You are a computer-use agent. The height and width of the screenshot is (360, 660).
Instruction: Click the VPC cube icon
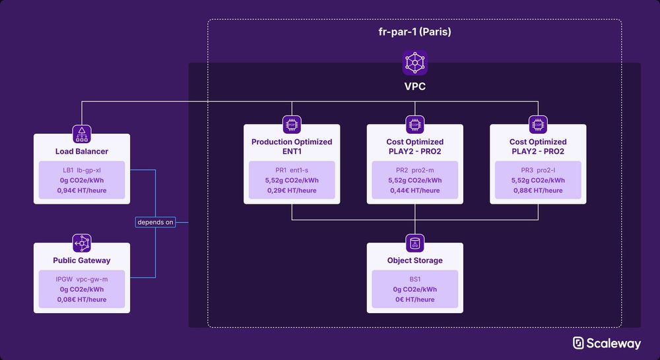click(x=414, y=63)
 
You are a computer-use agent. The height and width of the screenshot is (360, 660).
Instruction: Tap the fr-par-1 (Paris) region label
click(x=414, y=32)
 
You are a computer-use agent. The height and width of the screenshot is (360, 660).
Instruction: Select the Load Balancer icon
click(x=82, y=134)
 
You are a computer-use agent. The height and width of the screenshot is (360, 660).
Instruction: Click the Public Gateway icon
click(x=82, y=243)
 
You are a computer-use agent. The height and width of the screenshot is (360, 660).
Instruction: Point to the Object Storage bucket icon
click(x=414, y=243)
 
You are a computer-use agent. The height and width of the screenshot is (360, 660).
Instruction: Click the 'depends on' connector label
click(x=155, y=222)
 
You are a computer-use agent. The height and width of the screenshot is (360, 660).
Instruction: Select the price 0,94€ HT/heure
click(x=82, y=191)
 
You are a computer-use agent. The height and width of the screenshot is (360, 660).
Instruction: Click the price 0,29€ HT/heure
click(x=292, y=191)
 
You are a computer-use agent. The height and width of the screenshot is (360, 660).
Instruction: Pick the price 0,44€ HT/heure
click(x=414, y=191)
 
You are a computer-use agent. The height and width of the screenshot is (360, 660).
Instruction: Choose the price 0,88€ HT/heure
click(x=538, y=191)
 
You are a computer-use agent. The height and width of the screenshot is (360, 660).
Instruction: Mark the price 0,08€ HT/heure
click(x=82, y=299)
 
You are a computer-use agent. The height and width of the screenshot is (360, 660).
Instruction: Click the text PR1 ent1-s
click(x=292, y=170)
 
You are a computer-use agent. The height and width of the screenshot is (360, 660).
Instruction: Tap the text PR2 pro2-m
click(x=414, y=170)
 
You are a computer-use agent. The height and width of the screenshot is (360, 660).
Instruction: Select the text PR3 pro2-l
click(x=538, y=170)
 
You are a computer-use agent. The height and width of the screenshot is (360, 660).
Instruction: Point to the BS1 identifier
click(x=414, y=280)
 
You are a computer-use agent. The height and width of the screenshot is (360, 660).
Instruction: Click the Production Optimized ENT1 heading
click(x=292, y=146)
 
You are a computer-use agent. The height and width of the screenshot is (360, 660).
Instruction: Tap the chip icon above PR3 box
click(x=538, y=125)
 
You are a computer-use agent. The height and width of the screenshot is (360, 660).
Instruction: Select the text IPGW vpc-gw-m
click(x=82, y=280)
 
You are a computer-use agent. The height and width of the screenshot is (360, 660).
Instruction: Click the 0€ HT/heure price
click(x=414, y=299)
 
